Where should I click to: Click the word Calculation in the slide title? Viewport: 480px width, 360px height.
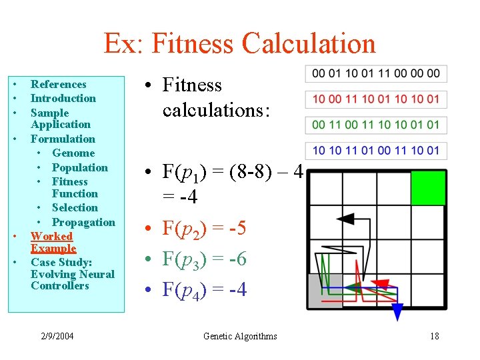[x=309, y=44]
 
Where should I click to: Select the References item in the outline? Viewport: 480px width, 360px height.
[x=59, y=84]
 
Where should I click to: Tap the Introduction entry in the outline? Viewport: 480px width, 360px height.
[x=63, y=98]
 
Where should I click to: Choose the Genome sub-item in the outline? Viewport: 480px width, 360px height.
[x=73, y=153]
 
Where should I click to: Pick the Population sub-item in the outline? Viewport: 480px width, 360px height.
[x=79, y=167]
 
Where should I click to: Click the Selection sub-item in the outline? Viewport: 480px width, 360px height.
[x=75, y=207]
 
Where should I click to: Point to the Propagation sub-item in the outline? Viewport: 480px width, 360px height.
[x=83, y=222]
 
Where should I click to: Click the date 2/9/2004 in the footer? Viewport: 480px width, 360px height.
[x=57, y=336]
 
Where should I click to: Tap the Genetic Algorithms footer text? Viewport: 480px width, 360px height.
[x=240, y=336]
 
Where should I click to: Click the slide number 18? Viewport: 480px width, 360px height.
[x=434, y=336]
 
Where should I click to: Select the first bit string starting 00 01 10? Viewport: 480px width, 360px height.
[x=376, y=73]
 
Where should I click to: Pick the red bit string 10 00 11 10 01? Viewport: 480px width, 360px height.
[x=376, y=99]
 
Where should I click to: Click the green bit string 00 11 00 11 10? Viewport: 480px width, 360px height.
[x=376, y=125]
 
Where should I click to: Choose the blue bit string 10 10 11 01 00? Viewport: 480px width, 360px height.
[x=376, y=150]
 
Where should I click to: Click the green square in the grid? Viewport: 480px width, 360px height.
[x=427, y=187]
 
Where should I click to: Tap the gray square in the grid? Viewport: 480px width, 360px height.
[x=325, y=291]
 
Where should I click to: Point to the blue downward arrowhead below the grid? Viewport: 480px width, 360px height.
[x=398, y=311]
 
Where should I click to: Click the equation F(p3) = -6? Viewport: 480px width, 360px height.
[x=204, y=259]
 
